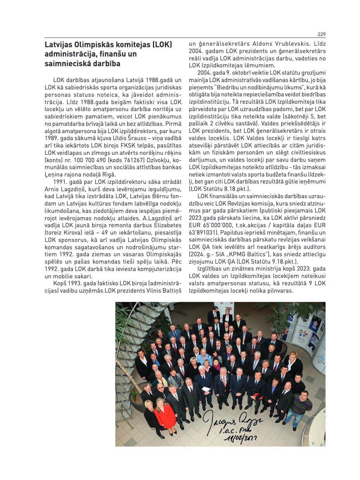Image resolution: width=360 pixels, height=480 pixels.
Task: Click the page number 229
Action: [321, 34]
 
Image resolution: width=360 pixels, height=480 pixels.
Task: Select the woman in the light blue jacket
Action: [204, 358]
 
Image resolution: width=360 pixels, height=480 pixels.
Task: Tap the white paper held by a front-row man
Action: [207, 389]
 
